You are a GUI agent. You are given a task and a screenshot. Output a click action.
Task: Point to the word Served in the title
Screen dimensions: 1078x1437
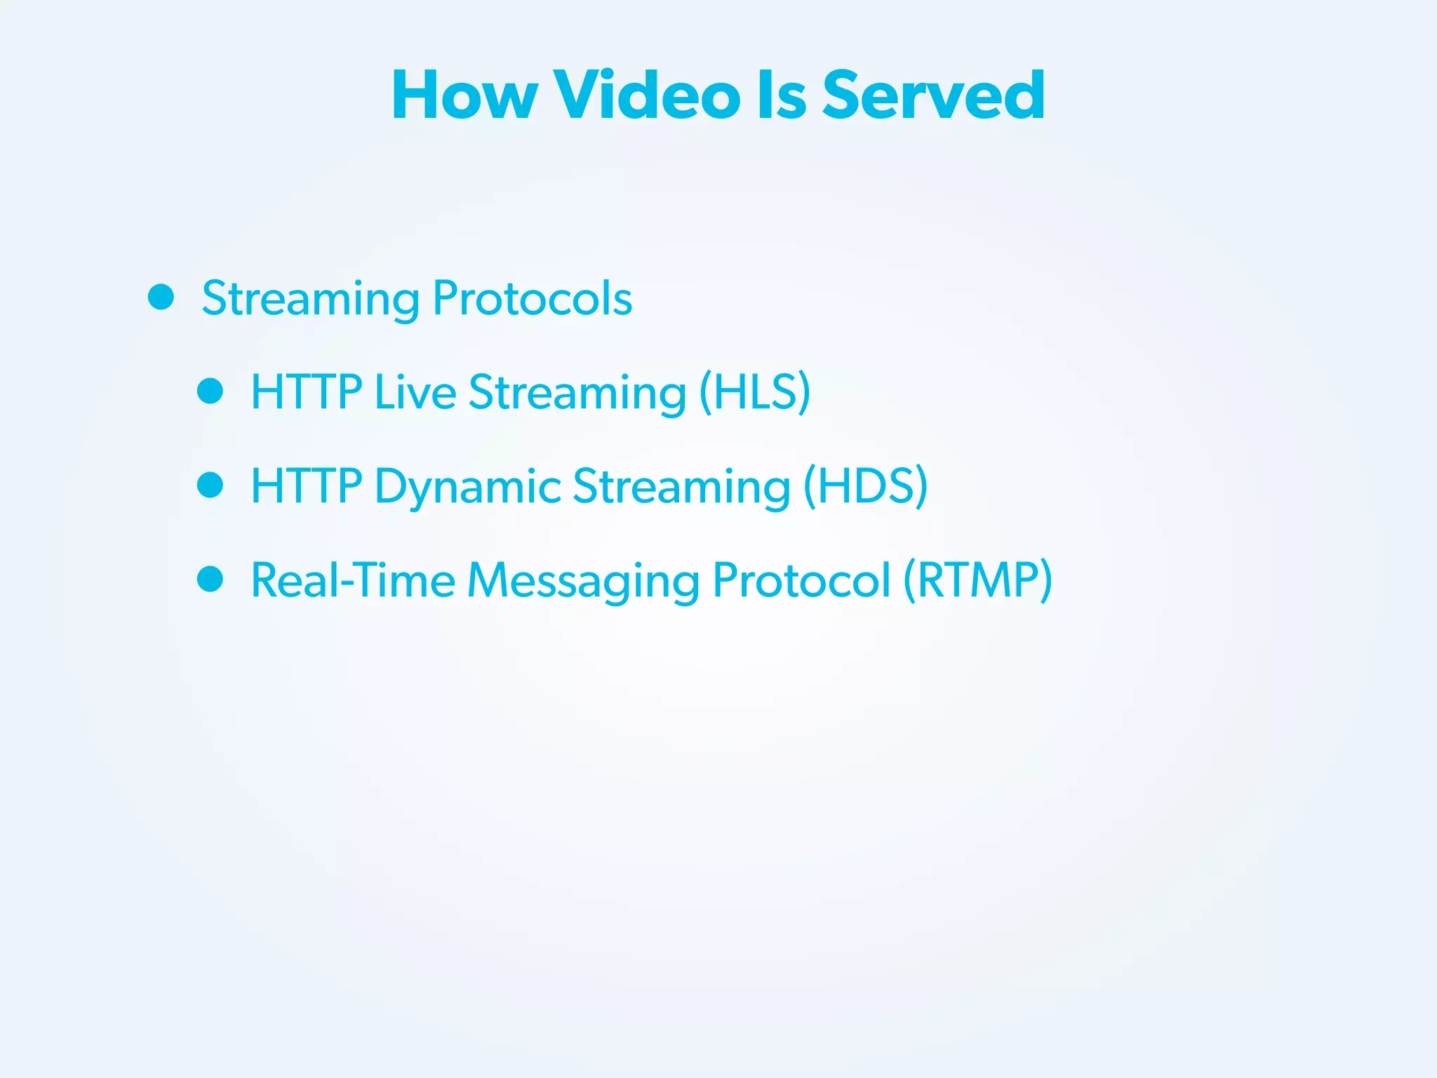[933, 95]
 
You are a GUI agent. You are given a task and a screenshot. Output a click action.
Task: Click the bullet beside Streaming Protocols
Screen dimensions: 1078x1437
[161, 297]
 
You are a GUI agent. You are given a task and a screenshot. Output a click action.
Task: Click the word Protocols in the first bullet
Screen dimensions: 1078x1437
[533, 298]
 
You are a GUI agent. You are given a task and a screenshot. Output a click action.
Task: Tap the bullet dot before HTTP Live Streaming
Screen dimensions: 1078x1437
[210, 391]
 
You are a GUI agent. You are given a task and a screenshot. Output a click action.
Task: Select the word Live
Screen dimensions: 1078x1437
[415, 392]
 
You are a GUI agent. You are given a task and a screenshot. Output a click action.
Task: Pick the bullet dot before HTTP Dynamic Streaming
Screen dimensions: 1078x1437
[210, 485]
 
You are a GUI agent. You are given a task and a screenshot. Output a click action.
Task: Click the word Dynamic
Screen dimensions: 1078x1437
[468, 486]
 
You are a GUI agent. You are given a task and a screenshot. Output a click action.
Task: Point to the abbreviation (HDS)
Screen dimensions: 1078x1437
[865, 486]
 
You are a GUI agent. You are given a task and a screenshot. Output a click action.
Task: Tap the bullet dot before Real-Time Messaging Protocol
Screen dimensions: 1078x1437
[210, 579]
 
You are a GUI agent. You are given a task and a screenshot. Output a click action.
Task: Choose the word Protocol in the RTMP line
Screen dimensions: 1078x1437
[801, 580]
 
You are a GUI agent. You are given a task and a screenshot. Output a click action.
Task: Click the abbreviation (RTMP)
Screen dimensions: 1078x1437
[977, 580]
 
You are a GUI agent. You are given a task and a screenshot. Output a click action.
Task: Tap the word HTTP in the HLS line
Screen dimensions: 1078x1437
[307, 392]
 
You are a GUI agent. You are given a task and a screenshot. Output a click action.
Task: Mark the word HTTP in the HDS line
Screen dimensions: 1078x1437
[307, 486]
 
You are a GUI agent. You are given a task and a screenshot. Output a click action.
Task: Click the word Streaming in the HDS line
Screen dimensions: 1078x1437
[681, 486]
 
